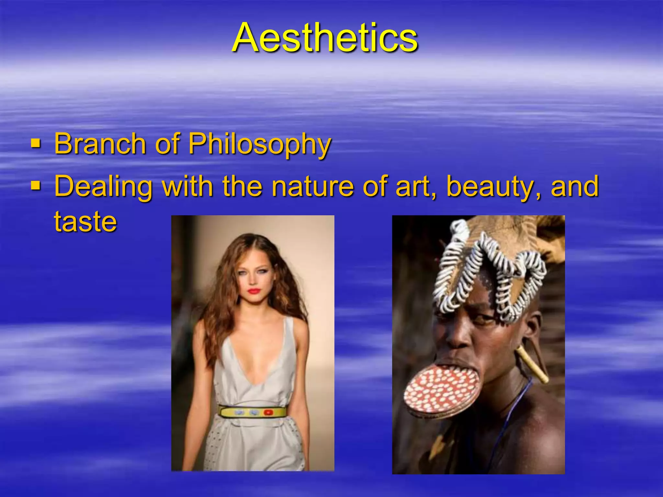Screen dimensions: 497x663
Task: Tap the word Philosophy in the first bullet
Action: (260, 144)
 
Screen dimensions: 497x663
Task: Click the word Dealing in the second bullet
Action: (103, 187)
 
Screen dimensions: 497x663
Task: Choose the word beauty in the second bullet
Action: (489, 187)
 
